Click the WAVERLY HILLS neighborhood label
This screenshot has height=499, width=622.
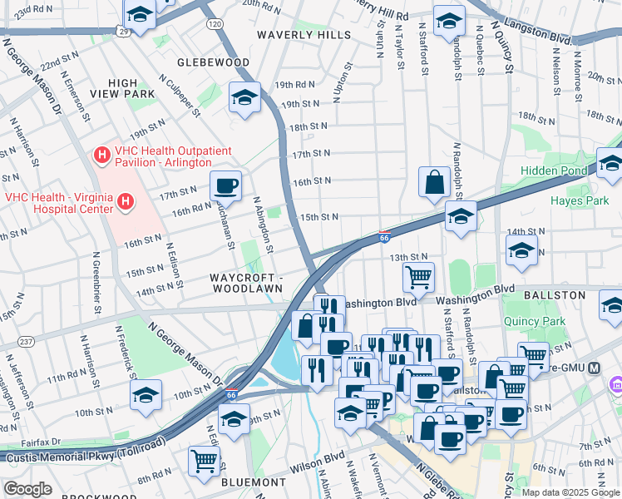click(304, 35)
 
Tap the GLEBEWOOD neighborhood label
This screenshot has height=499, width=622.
click(213, 62)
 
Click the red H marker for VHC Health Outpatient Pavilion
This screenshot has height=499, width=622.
click(102, 154)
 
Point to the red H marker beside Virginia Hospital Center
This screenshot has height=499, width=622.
click(125, 200)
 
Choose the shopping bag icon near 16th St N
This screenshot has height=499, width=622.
click(435, 182)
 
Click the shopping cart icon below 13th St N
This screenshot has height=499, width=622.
click(418, 276)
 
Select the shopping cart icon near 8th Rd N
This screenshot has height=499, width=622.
click(204, 459)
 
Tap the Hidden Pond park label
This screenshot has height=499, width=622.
click(553, 170)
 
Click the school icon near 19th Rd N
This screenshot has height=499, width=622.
click(245, 96)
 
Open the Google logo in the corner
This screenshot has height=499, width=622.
click(27, 489)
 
